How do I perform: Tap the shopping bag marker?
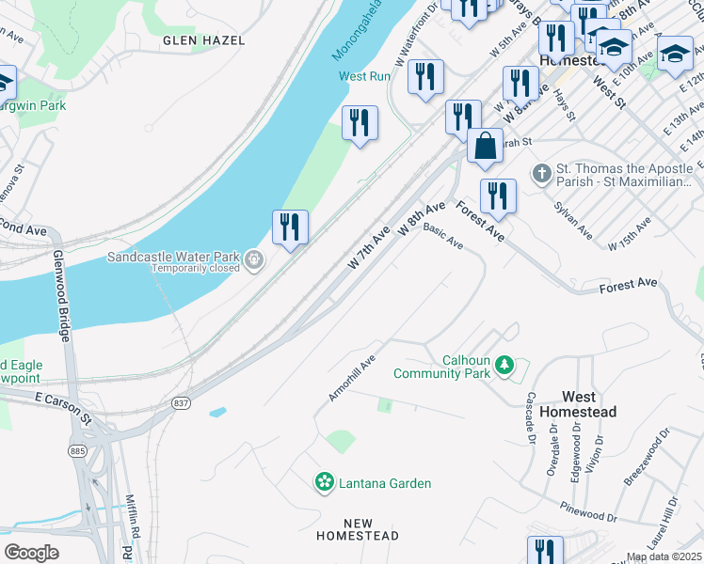485,148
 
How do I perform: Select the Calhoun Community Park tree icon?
504,365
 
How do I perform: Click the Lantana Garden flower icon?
325,482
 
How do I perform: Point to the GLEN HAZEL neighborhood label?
204,40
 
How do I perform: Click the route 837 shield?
181,403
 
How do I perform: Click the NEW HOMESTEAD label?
358,529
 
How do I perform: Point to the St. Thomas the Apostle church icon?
541,174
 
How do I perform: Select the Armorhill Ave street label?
352,378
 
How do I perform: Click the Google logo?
31,553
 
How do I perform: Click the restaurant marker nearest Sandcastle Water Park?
290,227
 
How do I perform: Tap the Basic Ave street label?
443,236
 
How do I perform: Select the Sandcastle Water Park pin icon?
252,260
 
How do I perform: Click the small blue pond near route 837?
217,412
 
